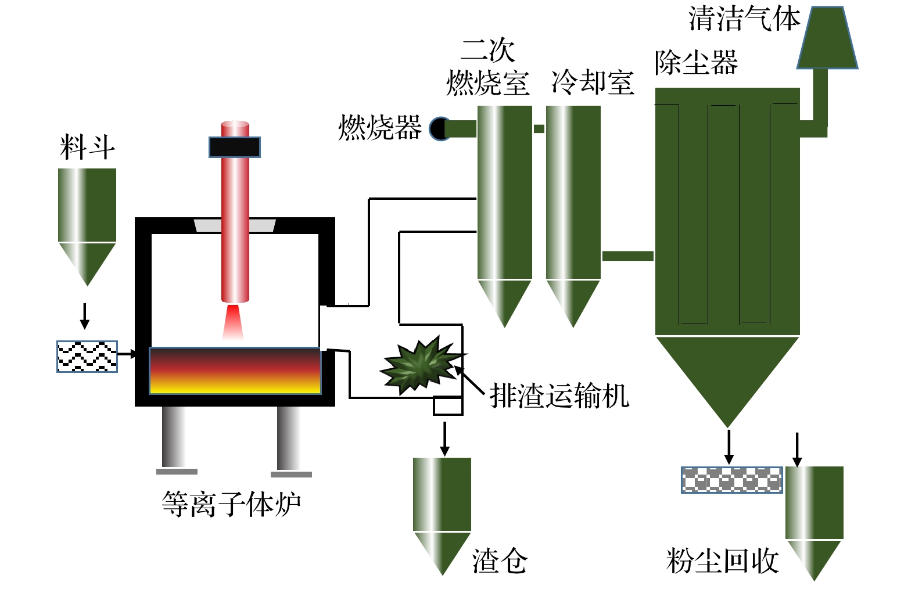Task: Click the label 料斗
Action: pos(87,148)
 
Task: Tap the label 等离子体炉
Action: pos(231,504)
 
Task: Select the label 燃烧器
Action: pos(380,128)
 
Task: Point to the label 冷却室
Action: pos(592,82)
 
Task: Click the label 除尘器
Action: pos(696,63)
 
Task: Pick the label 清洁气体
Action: pos(744,19)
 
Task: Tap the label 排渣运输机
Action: pos(559,396)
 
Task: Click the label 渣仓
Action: pos(500,561)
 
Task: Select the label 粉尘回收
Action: pos(722,561)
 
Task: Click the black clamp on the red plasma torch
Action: pos(235,147)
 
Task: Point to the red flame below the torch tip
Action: pos(233,322)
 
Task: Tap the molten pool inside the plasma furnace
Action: pos(235,371)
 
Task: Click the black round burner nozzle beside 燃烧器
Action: pos(440,128)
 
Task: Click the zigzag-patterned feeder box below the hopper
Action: pos(87,356)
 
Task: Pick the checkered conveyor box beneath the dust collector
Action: pos(731,480)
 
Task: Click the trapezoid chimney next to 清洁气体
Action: pos(827,38)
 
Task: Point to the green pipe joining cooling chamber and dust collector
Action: pos(627,256)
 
